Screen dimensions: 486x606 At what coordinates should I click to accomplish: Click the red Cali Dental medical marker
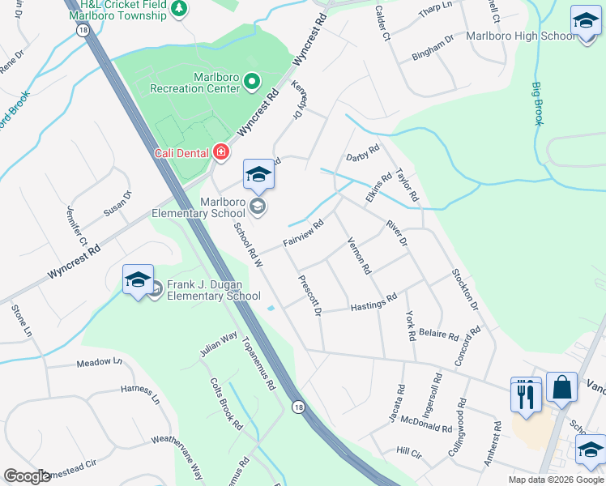click(x=220, y=152)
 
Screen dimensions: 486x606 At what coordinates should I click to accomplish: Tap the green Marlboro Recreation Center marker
click(x=251, y=81)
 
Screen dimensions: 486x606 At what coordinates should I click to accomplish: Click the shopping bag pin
click(x=561, y=389)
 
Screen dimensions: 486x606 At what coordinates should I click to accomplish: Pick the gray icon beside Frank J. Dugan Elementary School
click(x=156, y=291)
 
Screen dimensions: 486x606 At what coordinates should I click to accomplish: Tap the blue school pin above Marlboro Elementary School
click(x=258, y=175)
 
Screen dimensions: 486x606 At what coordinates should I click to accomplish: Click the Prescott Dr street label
click(x=310, y=296)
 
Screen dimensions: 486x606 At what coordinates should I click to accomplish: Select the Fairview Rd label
click(x=303, y=232)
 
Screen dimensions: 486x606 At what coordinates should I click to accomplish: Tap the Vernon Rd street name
click(x=358, y=255)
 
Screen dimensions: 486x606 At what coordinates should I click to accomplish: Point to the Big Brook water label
click(x=538, y=103)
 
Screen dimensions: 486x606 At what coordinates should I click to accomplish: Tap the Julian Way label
click(x=219, y=343)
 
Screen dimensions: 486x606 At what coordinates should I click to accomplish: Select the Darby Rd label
click(x=362, y=153)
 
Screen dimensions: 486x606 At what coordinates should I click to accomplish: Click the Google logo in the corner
click(x=28, y=476)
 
